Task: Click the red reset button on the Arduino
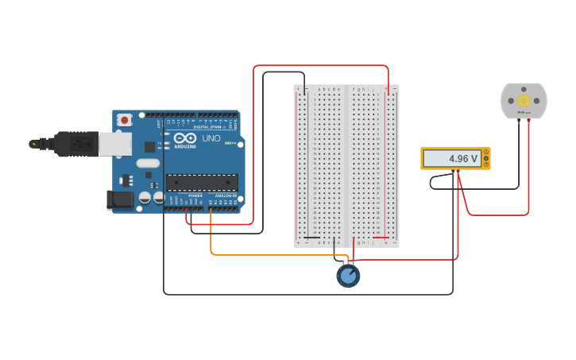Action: pos(125,120)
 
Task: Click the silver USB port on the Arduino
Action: pos(114,143)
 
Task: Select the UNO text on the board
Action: pos(211,138)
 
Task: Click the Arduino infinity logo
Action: pos(184,138)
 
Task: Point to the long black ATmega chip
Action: pos(202,182)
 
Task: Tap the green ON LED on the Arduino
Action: pos(229,143)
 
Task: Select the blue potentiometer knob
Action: pos(348,276)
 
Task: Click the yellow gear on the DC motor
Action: pos(524,100)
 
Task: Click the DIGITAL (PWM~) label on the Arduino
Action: pos(209,126)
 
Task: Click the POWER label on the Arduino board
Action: pos(195,195)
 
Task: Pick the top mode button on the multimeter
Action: pos(486,152)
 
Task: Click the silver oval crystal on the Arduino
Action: pos(148,163)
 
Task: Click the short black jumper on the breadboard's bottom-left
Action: pos(312,238)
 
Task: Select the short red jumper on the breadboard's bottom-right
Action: pos(381,238)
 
